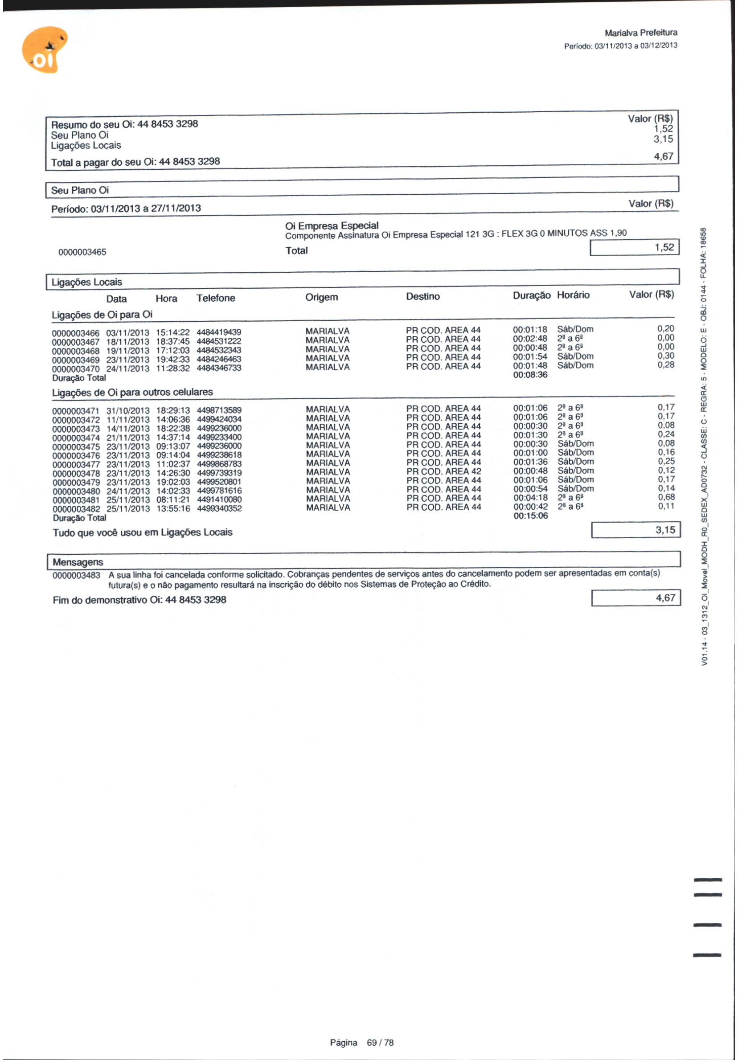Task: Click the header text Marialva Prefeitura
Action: [640, 33]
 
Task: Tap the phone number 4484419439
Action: [218, 332]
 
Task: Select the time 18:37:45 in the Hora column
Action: [172, 342]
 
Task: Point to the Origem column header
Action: [321, 297]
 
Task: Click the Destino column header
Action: [422, 297]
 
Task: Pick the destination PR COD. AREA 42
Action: [443, 471]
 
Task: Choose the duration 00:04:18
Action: [530, 498]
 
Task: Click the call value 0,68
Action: [666, 497]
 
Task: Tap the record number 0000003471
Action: [75, 411]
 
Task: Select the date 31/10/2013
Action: [128, 411]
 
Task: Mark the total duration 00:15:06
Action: [531, 516]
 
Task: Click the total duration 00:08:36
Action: [530, 375]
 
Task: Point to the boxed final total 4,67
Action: [665, 598]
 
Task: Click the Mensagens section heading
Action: [78, 562]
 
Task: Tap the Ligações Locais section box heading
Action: [86, 282]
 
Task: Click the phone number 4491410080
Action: [219, 500]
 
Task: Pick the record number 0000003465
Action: [82, 252]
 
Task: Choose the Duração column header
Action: [531, 295]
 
